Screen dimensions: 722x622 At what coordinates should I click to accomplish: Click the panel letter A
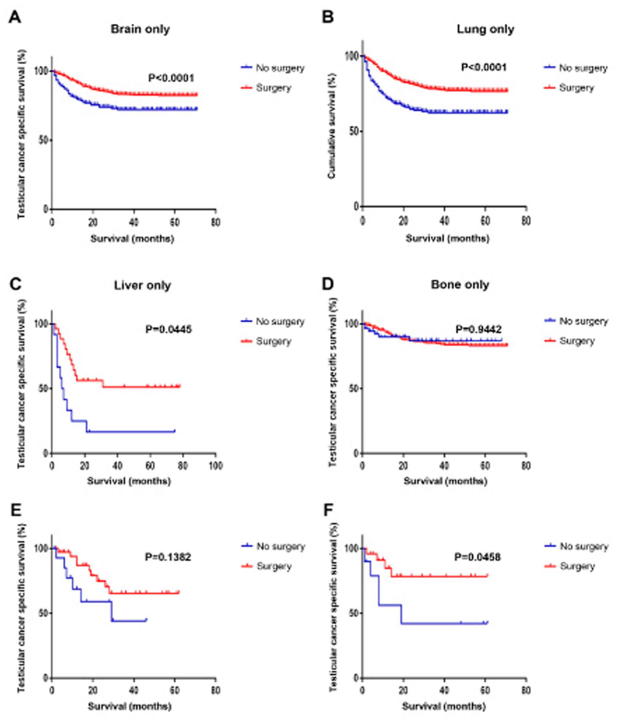tap(15, 17)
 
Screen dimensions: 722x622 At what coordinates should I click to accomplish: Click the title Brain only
tap(140, 29)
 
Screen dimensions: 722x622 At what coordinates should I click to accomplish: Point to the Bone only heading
tap(460, 285)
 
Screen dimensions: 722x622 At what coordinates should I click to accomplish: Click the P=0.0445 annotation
tap(168, 329)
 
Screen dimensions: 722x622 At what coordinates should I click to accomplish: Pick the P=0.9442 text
tap(478, 329)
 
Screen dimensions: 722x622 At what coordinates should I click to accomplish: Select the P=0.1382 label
tap(168, 557)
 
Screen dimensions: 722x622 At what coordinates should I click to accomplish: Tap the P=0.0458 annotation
tap(477, 557)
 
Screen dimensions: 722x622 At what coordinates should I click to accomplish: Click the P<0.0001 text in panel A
tap(171, 78)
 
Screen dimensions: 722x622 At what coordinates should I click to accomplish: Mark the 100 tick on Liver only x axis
tap(215, 466)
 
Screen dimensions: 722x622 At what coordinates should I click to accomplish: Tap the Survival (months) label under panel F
tap(444, 707)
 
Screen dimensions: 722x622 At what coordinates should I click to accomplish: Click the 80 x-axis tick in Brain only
tap(215, 222)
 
